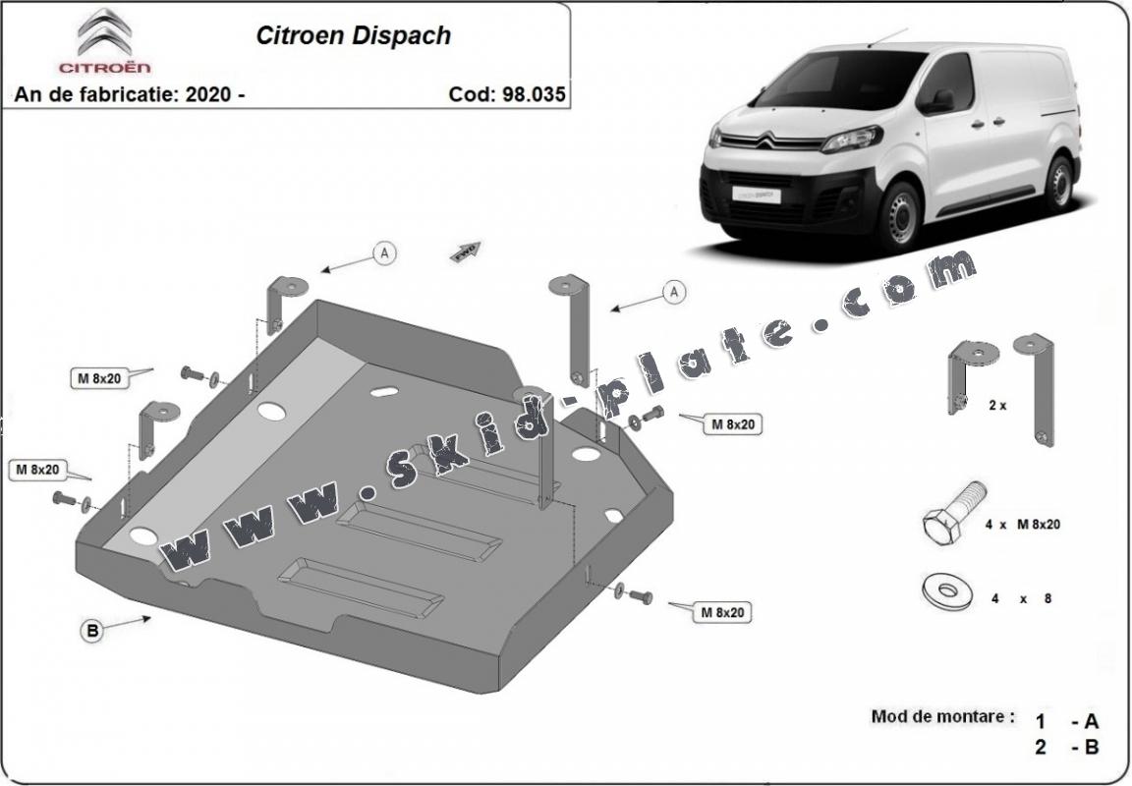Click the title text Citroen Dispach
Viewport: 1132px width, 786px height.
(353, 35)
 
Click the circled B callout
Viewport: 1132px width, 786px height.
(91, 632)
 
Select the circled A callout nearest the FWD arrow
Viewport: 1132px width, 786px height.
(385, 253)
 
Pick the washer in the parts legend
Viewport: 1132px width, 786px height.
(947, 591)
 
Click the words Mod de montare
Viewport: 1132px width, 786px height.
(942, 716)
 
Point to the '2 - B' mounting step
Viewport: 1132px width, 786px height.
(1066, 747)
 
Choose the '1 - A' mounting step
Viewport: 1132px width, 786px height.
(1066, 721)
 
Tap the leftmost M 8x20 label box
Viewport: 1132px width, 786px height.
(33, 470)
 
